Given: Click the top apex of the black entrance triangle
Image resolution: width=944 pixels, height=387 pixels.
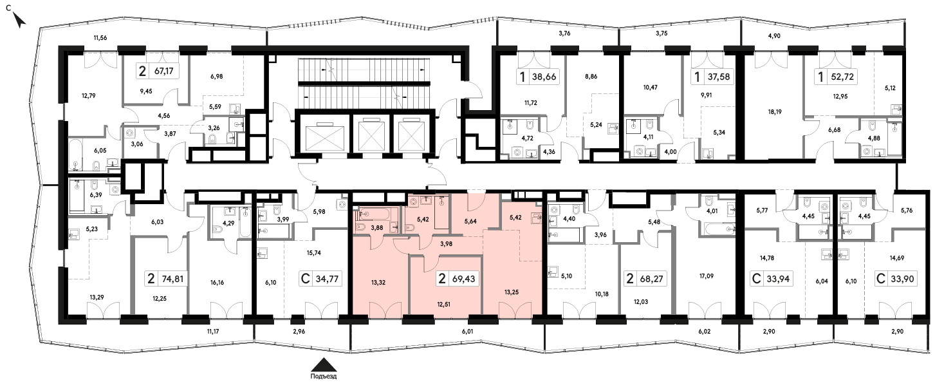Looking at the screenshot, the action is coord(323,358).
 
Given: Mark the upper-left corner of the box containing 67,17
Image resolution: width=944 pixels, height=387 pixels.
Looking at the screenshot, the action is coord(136,63).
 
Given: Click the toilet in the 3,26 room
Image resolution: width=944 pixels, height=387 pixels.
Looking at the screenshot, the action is coord(212,138).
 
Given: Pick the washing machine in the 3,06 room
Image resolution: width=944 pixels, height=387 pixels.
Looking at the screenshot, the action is coord(129,133).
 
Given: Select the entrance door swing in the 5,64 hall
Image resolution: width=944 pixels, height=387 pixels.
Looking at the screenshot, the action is coord(477,202).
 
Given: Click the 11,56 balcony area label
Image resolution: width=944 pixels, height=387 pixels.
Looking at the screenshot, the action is coord(100,38).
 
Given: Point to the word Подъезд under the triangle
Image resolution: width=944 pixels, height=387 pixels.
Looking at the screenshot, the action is coord(323,376).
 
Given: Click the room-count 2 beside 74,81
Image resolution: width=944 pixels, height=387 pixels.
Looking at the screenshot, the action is coord(151,279).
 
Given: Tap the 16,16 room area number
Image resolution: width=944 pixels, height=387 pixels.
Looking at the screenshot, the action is coord(217,283).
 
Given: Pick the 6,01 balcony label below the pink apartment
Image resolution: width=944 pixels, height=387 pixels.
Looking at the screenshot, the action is coord(467,332).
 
